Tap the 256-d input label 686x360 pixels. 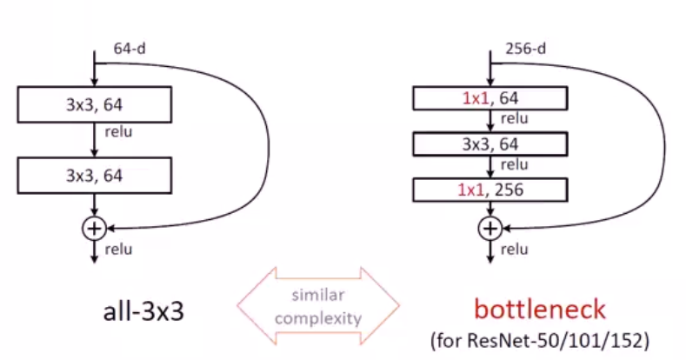pyautogui.click(x=525, y=50)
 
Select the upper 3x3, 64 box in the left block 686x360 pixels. pyautogui.click(x=94, y=107)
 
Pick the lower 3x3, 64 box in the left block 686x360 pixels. pyautogui.click(x=94, y=175)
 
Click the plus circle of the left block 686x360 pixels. pyautogui.click(x=93, y=228)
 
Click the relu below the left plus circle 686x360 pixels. pyautogui.click(x=117, y=250)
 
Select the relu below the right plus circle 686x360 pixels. pyautogui.click(x=515, y=250)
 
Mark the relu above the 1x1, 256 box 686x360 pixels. pyautogui.click(x=515, y=164)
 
